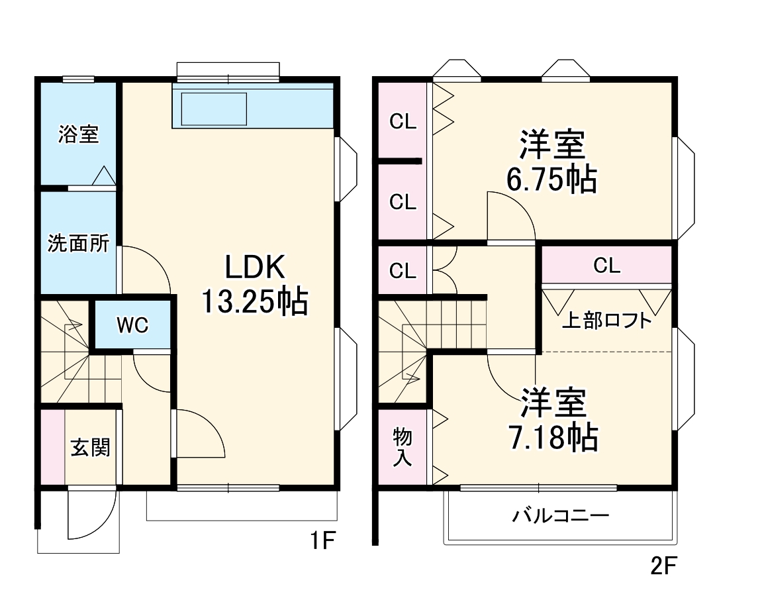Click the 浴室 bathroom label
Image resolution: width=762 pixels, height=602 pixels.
[78, 134]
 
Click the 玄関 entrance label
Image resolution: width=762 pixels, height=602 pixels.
[91, 448]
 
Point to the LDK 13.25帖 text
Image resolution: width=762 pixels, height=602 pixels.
[254, 285]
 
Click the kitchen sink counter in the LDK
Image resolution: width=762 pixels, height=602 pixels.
[252, 107]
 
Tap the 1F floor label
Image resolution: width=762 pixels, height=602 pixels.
[324, 542]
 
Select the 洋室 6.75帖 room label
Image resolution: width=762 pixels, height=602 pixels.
[551, 162]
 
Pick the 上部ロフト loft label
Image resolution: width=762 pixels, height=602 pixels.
[606, 321]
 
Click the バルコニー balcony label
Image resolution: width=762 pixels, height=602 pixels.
[560, 515]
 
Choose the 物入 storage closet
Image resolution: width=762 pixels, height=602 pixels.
[402, 447]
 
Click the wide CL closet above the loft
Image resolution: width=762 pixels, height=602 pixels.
[606, 266]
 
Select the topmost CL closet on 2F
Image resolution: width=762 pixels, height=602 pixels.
[403, 121]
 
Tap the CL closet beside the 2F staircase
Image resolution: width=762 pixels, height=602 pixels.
[403, 270]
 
